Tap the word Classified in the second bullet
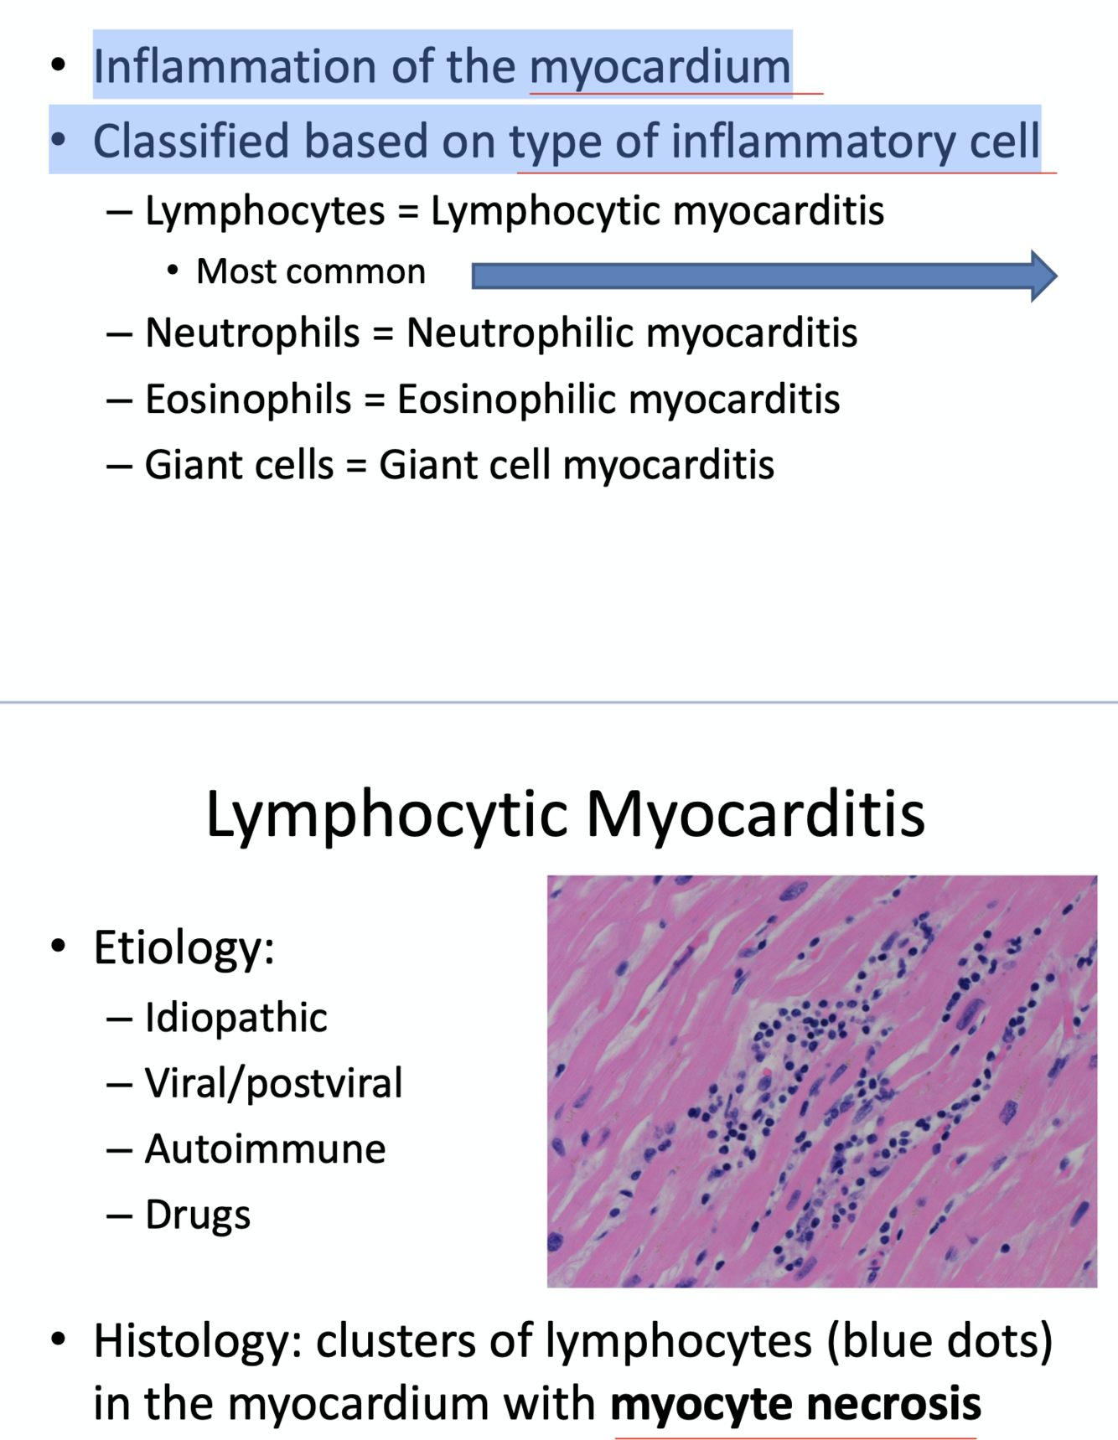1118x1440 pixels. (190, 141)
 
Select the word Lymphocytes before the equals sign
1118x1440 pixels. (265, 211)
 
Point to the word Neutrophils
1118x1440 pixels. (252, 333)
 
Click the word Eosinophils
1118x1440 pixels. (248, 400)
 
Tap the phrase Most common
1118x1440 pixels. (311, 272)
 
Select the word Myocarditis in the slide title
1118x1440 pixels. (755, 814)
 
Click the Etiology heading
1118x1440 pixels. (184, 947)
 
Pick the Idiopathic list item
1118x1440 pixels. (236, 1018)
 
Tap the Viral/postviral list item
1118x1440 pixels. (273, 1083)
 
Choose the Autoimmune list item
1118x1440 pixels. (265, 1148)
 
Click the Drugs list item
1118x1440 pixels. (198, 1215)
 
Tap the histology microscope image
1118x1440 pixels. (821, 1081)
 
